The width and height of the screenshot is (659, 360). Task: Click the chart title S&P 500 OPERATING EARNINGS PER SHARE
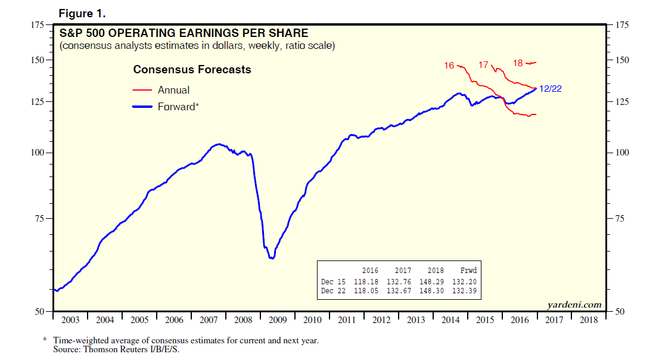[184, 33]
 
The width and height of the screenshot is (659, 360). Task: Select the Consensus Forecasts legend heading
[192, 70]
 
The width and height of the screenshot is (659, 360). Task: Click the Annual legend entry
[173, 90]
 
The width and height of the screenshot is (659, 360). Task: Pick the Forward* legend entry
[178, 107]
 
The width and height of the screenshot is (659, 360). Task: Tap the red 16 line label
[449, 66]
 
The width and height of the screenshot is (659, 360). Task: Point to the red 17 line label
[483, 64]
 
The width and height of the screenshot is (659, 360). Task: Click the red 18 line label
[518, 63]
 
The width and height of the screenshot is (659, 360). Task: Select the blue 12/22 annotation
[550, 89]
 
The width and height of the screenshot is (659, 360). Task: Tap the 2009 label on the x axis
[278, 320]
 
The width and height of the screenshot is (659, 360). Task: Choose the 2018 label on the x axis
[589, 320]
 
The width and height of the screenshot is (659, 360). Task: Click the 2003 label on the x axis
[70, 320]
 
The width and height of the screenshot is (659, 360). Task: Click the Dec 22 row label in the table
[333, 291]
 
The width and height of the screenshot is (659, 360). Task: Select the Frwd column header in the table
[469, 270]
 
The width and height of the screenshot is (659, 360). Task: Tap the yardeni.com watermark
[574, 305]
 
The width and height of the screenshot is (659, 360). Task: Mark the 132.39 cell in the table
[465, 291]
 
